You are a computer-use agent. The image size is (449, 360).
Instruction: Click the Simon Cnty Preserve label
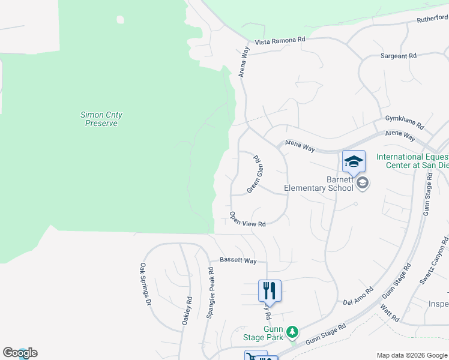click(101, 118)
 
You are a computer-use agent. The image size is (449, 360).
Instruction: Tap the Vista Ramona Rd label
click(280, 40)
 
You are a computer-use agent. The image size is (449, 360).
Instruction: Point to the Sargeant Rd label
click(398, 56)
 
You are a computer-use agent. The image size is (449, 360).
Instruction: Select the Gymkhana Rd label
click(405, 123)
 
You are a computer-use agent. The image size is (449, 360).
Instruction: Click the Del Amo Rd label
click(358, 296)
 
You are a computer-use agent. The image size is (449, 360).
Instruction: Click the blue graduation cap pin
click(354, 161)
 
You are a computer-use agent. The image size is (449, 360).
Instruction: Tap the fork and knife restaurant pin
click(270, 290)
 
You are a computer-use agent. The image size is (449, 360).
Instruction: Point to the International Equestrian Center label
click(412, 161)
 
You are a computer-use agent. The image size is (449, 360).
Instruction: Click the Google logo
click(20, 353)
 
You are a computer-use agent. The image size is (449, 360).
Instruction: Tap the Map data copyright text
click(411, 355)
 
